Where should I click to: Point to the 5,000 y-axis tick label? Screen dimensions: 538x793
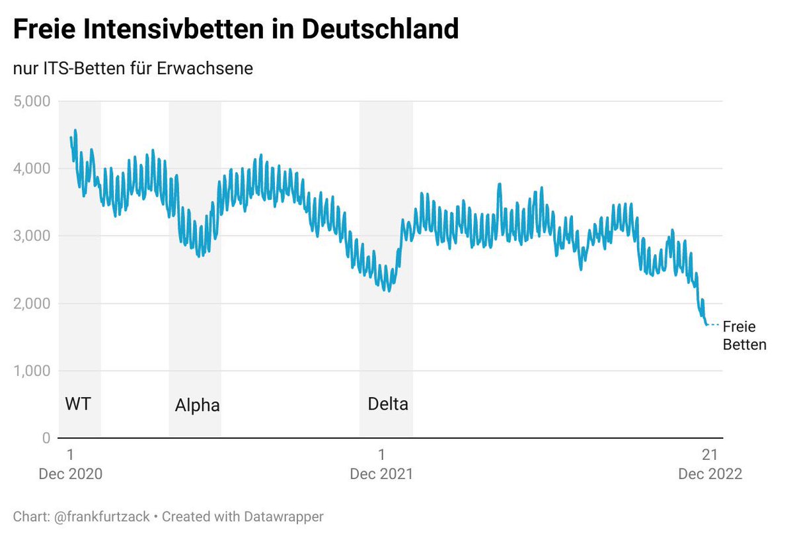(x=32, y=101)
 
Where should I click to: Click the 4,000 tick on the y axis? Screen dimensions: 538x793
(x=32, y=169)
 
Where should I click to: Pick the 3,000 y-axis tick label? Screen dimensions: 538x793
(x=32, y=236)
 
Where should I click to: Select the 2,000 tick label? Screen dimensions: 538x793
(x=32, y=304)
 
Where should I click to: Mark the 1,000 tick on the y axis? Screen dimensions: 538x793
(x=32, y=371)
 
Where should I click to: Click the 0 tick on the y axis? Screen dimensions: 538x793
(x=46, y=438)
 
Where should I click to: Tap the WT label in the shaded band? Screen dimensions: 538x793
(x=78, y=404)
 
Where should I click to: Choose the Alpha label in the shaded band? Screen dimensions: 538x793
(x=197, y=405)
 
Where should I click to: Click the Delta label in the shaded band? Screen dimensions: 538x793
(x=388, y=404)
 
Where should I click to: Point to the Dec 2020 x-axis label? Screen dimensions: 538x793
(x=71, y=474)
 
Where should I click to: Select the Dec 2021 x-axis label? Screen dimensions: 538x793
(x=381, y=474)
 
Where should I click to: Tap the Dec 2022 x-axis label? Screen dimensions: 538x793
(x=710, y=474)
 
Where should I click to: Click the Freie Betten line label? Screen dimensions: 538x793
(x=744, y=336)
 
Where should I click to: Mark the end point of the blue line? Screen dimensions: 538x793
(x=706, y=324)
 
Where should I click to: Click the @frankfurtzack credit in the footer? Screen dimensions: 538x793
(x=98, y=516)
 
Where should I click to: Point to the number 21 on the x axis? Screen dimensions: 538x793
(x=710, y=455)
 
